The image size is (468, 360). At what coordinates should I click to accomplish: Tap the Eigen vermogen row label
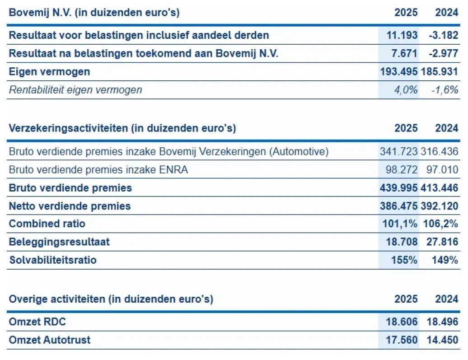(x=49, y=71)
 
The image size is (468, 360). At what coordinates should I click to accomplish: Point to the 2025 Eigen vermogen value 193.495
(x=399, y=71)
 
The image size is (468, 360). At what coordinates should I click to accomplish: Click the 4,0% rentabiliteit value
(x=405, y=90)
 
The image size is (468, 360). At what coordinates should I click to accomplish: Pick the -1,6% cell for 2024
(x=445, y=90)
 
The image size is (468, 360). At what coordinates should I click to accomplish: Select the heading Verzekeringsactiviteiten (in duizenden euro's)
(x=122, y=128)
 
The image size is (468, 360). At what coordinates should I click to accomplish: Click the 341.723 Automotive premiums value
(x=399, y=152)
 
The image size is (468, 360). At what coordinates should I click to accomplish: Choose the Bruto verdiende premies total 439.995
(x=399, y=188)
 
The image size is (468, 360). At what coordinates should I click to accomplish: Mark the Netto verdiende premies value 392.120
(x=440, y=206)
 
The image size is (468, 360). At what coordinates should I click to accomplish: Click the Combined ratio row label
(x=47, y=224)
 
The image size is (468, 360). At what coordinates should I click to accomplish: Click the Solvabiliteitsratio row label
(x=52, y=260)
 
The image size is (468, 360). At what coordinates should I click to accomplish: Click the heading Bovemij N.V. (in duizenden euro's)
(x=94, y=13)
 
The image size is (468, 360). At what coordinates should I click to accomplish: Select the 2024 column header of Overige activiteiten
(x=447, y=299)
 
